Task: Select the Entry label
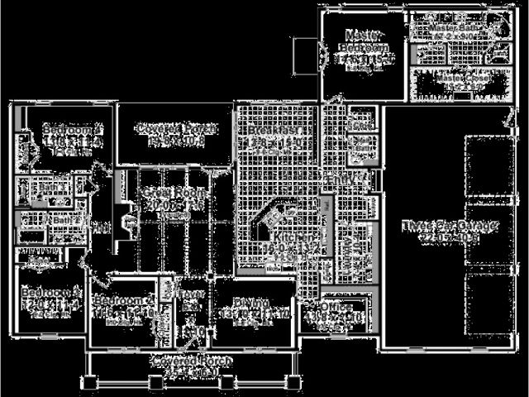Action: click(x=339, y=179)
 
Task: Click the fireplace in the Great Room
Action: click(x=126, y=222)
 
